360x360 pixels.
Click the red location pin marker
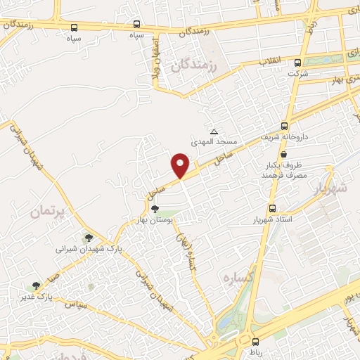click(x=181, y=165)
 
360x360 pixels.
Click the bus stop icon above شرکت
click(x=304, y=61)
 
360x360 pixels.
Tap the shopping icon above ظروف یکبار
click(x=283, y=154)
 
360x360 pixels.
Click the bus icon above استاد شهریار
click(x=273, y=209)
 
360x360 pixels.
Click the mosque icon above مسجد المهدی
click(x=214, y=131)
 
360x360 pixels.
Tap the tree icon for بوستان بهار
click(x=154, y=209)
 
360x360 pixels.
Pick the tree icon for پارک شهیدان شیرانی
click(x=88, y=238)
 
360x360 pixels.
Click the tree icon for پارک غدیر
click(x=35, y=285)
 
